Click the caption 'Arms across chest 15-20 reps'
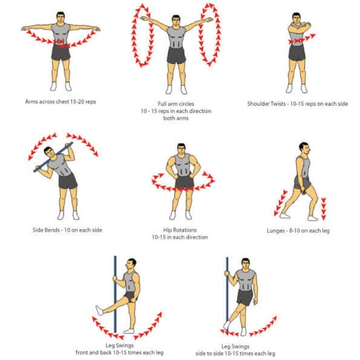[60, 102]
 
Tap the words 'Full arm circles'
[176, 104]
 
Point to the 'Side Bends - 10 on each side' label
[67, 230]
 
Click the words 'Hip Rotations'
[180, 230]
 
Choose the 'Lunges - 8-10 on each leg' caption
[298, 231]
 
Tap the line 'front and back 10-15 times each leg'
[120, 353]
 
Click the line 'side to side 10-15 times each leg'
[235, 353]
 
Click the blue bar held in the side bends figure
[53, 157]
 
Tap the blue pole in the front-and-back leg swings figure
[115, 294]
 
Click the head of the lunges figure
[305, 149]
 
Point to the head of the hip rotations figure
[181, 150]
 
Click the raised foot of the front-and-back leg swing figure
[100, 310]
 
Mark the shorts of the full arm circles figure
[176, 55]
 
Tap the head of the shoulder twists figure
[296, 19]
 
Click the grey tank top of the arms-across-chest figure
[61, 34]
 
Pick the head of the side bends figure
[50, 153]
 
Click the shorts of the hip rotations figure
[184, 182]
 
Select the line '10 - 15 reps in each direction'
[176, 111]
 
